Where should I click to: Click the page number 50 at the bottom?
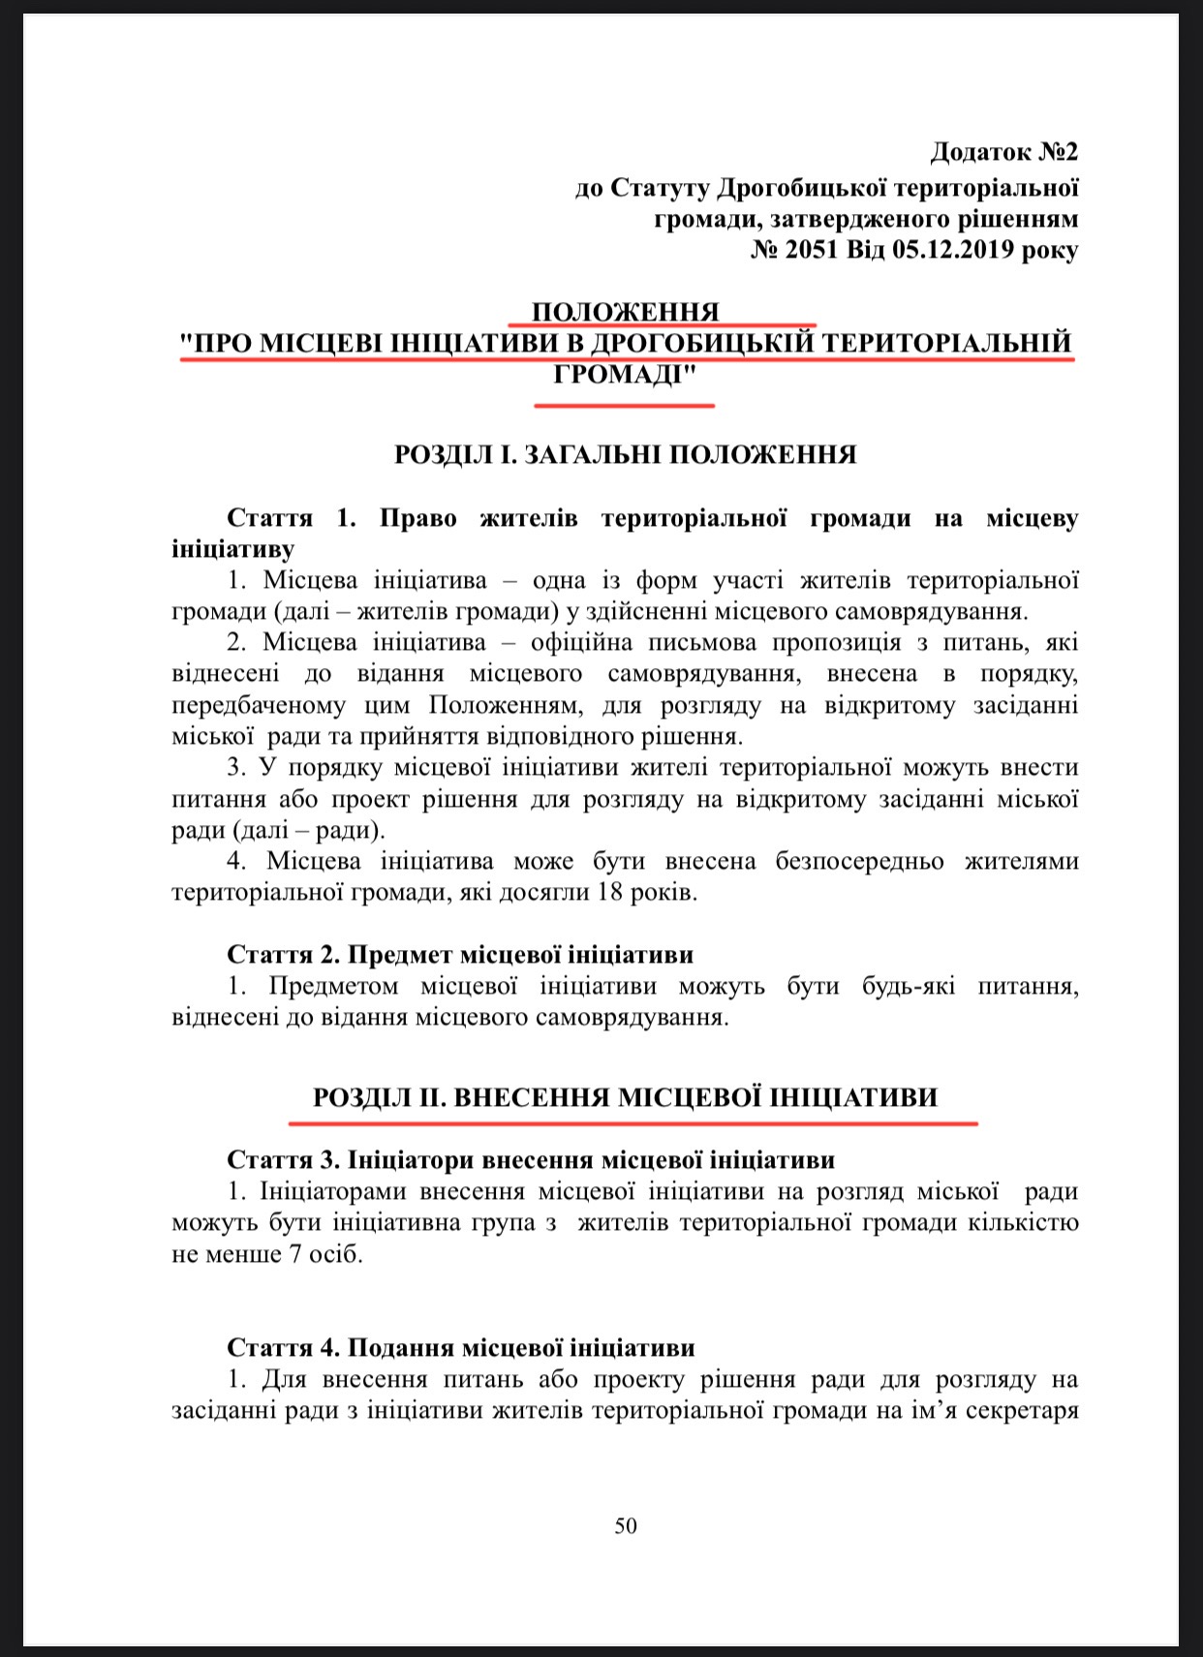(626, 1526)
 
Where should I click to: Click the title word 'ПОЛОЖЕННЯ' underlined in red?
(626, 312)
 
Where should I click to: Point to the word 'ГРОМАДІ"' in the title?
(626, 375)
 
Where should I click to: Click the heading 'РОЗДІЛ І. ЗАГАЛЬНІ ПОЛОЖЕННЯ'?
(626, 454)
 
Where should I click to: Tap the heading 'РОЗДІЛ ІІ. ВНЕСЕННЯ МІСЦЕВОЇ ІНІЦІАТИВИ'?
(626, 1097)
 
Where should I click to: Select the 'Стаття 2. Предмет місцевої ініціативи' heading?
(460, 954)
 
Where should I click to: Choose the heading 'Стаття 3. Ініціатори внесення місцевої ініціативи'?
(531, 1159)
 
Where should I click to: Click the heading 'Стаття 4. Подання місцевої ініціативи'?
(461, 1347)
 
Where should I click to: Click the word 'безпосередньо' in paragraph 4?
(860, 861)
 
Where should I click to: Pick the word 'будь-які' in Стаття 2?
(908, 986)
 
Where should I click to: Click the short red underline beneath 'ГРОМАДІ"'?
(624, 405)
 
